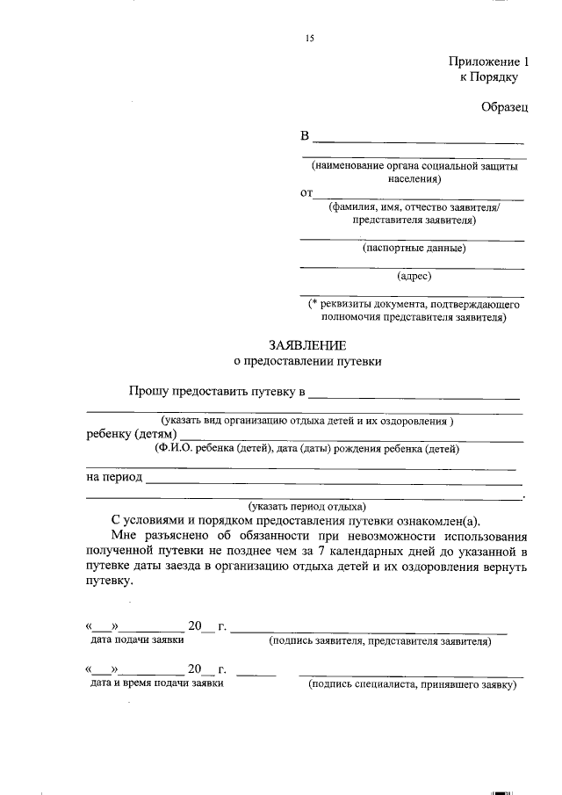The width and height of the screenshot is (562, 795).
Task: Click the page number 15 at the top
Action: [309, 39]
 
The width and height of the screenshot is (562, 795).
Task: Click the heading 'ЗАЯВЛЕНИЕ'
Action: [307, 345]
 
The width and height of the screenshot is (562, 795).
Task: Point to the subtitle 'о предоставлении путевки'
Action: [307, 360]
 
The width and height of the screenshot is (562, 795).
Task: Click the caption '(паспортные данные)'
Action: [414, 248]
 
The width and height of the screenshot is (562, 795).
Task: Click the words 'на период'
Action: [114, 478]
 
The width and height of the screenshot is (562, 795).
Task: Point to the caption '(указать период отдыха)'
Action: [306, 507]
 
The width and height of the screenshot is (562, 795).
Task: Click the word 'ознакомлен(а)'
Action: [446, 520]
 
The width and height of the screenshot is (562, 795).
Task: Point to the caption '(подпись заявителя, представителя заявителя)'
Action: [380, 641]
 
